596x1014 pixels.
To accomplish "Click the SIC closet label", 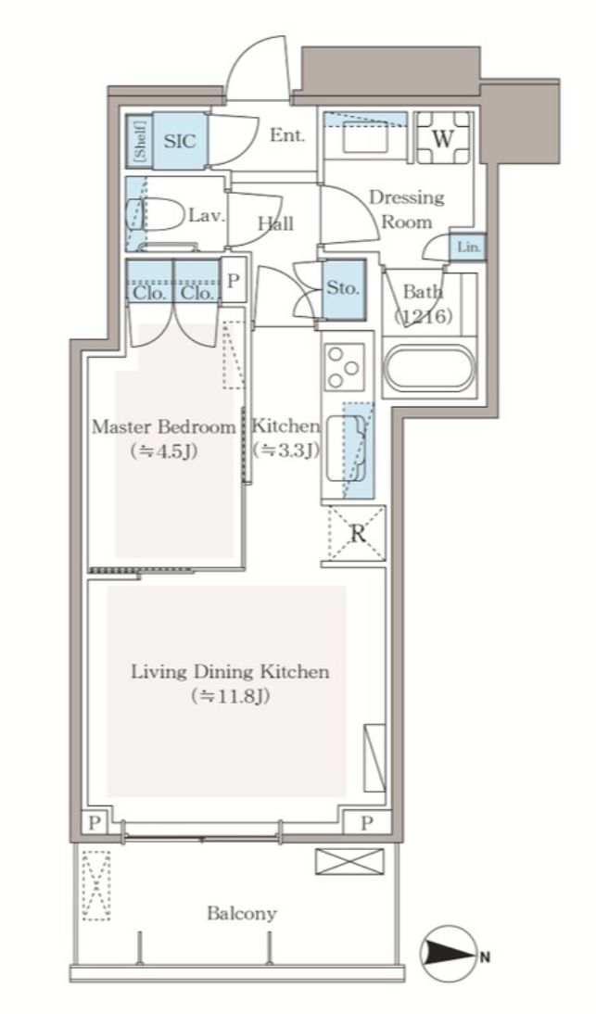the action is (180, 141).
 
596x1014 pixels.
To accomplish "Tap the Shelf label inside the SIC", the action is (141, 141).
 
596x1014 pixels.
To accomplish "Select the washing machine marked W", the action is (443, 138).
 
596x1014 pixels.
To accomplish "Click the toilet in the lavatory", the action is (155, 214).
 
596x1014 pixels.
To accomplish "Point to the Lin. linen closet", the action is (467, 247).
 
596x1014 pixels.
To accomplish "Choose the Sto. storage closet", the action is (343, 288).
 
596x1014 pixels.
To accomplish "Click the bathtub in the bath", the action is (428, 368).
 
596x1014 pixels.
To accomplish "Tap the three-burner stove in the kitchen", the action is (343, 367).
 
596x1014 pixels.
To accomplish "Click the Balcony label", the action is (242, 913).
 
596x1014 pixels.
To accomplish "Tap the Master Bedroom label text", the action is (163, 427).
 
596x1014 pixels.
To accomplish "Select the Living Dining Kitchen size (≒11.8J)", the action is (230, 696).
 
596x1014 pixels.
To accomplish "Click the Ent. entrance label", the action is (287, 136).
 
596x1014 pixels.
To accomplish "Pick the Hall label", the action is (275, 223).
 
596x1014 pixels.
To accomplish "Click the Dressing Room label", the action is (407, 209).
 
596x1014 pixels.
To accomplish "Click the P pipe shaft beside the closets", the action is (234, 282).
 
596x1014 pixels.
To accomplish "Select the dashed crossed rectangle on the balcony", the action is (96, 884).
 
